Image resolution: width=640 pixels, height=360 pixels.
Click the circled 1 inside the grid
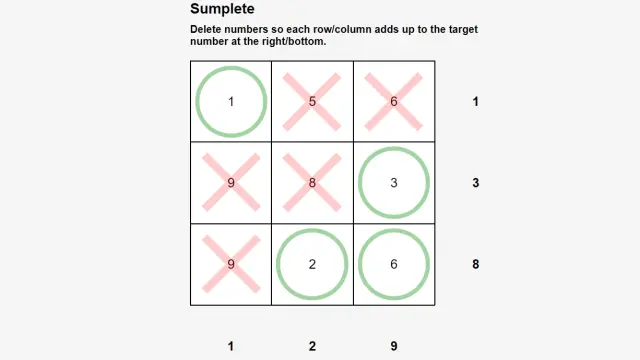point(231,102)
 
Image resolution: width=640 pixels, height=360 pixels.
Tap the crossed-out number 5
point(312,102)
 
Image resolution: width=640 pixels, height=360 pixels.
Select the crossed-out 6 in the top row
point(394,102)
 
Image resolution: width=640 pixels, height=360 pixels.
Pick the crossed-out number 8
point(312,183)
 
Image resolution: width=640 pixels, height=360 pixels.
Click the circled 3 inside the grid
point(394,183)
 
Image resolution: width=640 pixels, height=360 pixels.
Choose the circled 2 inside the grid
point(312,264)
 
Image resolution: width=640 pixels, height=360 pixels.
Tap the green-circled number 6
point(394,264)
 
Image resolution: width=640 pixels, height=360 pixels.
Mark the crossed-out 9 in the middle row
point(231,183)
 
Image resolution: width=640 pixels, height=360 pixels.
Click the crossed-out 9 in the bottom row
point(231,264)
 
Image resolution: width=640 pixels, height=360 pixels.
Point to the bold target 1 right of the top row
point(476,102)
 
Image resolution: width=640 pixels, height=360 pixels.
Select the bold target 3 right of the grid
point(476,183)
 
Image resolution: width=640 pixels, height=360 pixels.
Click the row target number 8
point(476,264)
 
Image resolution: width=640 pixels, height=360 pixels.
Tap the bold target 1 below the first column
point(231,346)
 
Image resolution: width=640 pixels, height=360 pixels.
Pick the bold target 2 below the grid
point(312,346)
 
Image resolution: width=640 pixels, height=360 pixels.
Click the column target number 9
point(394,346)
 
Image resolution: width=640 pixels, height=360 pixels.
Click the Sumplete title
point(222,9)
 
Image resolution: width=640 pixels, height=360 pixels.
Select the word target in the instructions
point(463,30)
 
